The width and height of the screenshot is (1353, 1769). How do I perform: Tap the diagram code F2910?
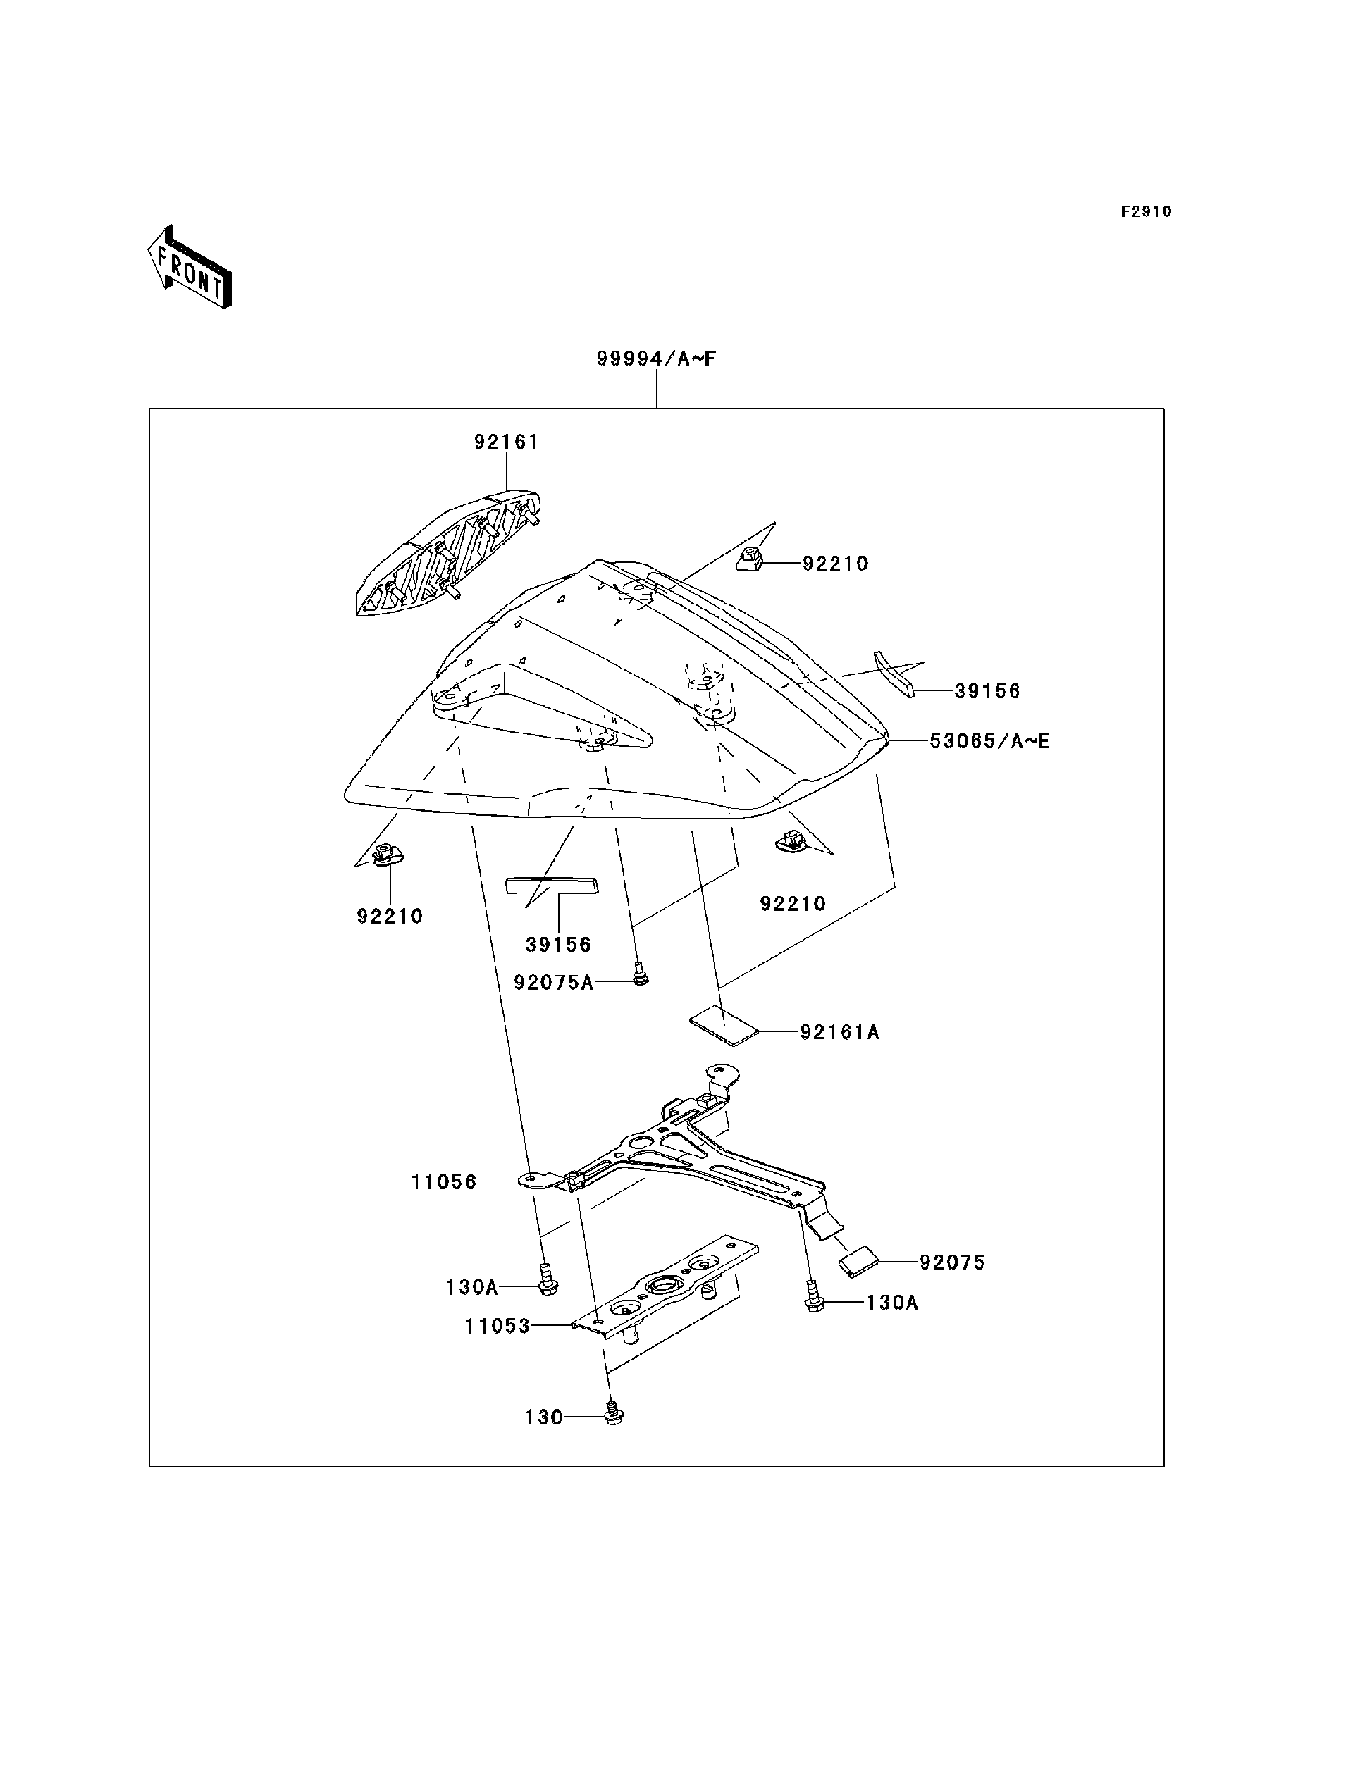[1146, 212]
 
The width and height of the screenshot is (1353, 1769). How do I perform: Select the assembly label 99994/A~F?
[655, 359]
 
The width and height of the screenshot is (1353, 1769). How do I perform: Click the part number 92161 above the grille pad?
[506, 442]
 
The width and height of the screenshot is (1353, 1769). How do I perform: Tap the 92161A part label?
[839, 1032]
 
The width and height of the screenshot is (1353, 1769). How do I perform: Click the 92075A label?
[553, 982]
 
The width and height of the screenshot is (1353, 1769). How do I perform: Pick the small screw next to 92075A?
[641, 974]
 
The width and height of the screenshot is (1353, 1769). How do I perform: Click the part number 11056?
[444, 1182]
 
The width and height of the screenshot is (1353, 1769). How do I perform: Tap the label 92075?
[952, 1262]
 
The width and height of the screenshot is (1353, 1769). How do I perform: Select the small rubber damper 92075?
[859, 1262]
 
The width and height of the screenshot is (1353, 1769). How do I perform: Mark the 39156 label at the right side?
[987, 692]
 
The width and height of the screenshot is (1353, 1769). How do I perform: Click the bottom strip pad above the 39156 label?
[552, 886]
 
